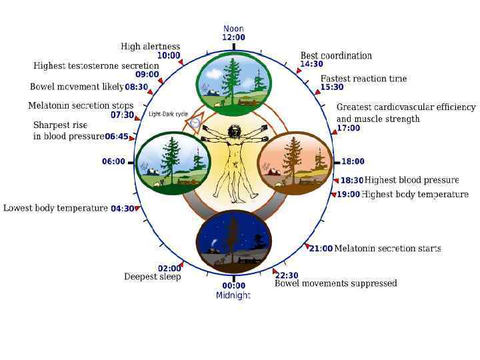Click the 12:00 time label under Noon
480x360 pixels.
(233, 38)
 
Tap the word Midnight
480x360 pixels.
(233, 295)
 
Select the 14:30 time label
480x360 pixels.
(311, 65)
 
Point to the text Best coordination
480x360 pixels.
(336, 56)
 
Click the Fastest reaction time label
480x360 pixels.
(363, 79)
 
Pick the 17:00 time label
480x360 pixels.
(348, 128)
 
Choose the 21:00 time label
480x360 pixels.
(321, 249)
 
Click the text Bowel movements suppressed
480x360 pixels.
(335, 283)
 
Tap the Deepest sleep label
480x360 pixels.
(152, 277)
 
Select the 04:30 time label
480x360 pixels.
(123, 209)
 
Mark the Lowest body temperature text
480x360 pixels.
(55, 208)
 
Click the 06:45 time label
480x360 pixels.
(117, 137)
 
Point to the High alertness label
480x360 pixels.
(150, 47)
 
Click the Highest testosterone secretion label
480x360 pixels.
(96, 66)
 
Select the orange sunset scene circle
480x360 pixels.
(295, 162)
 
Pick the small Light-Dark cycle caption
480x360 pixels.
(167, 113)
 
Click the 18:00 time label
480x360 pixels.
(353, 161)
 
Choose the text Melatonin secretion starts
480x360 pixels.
(387, 249)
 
